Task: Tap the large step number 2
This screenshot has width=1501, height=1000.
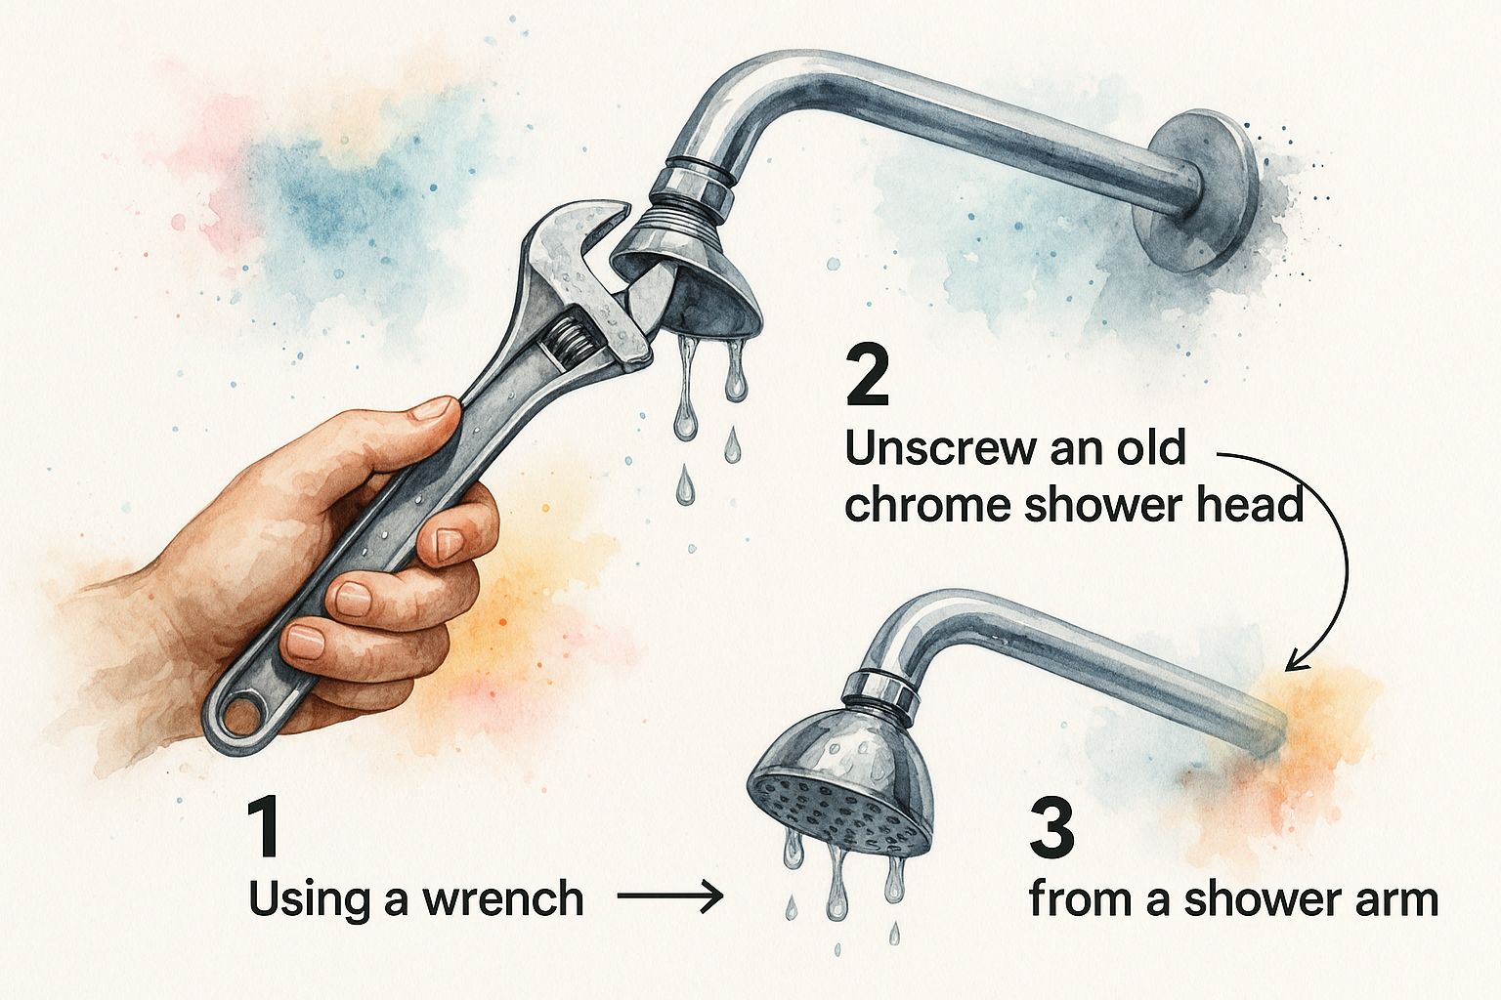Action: coord(868,375)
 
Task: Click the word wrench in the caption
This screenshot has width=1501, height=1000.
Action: coord(502,898)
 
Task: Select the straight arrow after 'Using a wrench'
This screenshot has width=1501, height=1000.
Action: coord(669,896)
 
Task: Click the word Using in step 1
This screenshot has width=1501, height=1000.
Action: coord(311,900)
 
